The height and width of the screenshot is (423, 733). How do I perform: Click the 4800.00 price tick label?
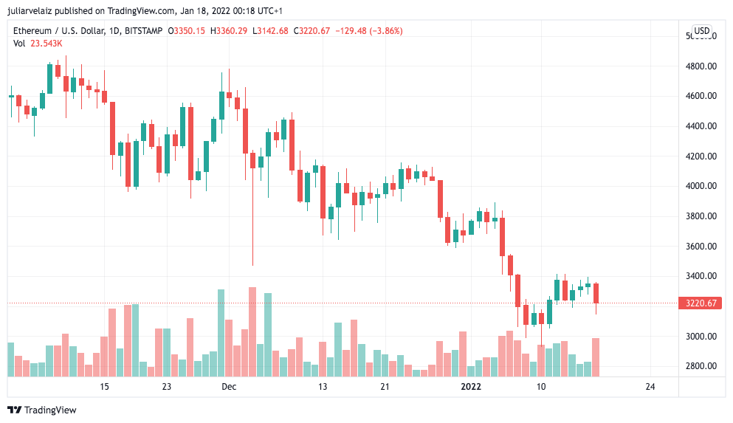pos(701,66)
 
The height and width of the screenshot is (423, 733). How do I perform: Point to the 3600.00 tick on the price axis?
pos(701,247)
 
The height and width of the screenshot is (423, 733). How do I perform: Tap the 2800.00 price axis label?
pos(701,366)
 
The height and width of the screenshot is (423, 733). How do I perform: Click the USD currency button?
pos(701,31)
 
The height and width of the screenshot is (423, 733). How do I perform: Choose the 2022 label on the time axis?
pos(471,387)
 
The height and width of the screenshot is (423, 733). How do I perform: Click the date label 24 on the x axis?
pos(650,387)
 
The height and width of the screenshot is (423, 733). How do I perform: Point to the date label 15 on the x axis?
pos(104,387)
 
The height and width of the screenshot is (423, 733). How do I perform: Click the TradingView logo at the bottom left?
pos(42,410)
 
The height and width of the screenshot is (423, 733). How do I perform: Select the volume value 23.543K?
pos(47,44)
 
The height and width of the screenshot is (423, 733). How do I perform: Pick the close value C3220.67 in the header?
pos(312,31)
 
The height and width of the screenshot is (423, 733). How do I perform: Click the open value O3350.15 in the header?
pos(187,31)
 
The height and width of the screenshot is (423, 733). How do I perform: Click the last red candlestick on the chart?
pos(596,293)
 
